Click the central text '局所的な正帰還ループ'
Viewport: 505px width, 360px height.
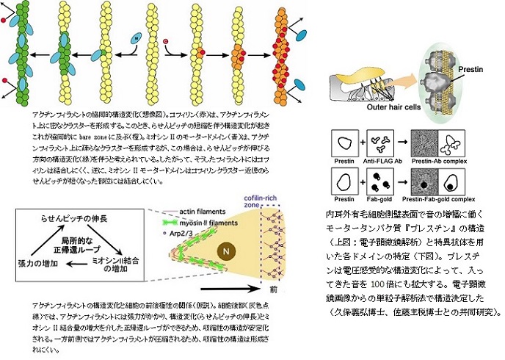81,246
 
